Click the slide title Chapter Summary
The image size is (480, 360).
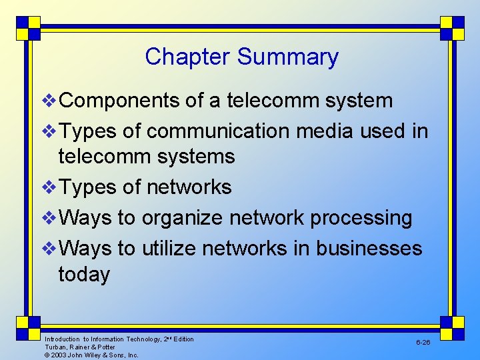click(x=241, y=57)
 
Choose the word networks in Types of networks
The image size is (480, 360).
click(x=189, y=187)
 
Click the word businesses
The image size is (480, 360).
click(x=369, y=249)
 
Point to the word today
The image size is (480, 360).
click(x=84, y=274)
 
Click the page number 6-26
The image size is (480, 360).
click(x=423, y=342)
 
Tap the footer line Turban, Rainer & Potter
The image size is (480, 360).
click(x=80, y=347)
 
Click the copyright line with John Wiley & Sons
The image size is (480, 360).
click(x=91, y=355)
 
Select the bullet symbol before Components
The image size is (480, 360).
click(x=50, y=101)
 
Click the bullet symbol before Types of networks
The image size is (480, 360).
click(x=50, y=188)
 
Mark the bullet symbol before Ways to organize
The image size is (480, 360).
click(x=50, y=219)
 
